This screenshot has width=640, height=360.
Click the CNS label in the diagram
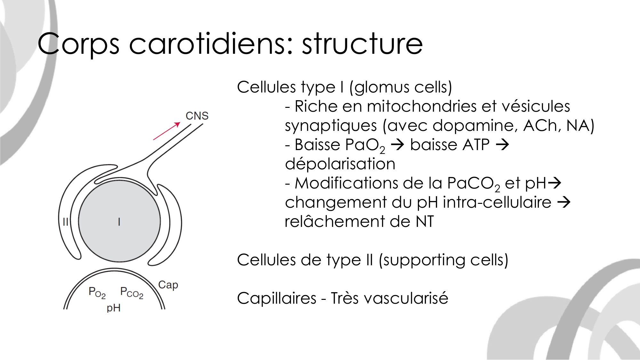197,116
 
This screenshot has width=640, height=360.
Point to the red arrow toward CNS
167,131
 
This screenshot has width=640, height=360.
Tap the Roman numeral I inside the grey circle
119,221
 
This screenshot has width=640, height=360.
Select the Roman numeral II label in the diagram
65,221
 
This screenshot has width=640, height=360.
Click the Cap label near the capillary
168,285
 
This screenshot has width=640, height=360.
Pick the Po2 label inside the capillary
97,292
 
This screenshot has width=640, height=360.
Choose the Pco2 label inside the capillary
132,292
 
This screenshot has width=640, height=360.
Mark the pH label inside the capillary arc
114,308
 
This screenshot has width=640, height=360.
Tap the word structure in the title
362,44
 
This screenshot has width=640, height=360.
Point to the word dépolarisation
340,164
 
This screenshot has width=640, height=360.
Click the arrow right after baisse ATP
502,144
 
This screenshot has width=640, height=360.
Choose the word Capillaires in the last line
277,299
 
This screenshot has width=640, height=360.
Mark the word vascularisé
406,298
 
